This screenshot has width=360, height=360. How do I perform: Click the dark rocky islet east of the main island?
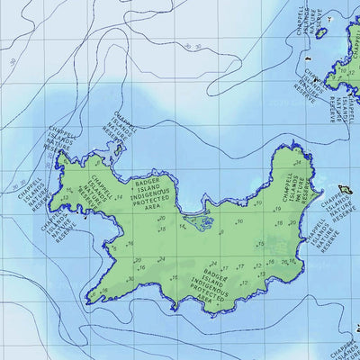343,190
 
